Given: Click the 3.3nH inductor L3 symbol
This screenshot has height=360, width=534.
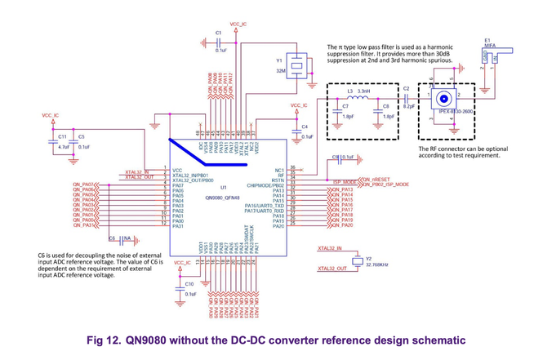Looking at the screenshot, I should [358, 97].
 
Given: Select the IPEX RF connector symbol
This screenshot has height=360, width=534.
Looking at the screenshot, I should [445, 96].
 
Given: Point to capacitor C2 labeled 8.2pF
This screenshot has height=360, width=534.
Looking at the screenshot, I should [407, 96].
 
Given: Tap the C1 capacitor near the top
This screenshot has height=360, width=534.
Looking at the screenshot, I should [219, 43].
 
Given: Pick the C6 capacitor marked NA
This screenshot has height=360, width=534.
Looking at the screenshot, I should [118, 239].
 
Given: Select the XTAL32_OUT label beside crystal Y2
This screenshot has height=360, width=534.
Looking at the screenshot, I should [332, 268].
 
